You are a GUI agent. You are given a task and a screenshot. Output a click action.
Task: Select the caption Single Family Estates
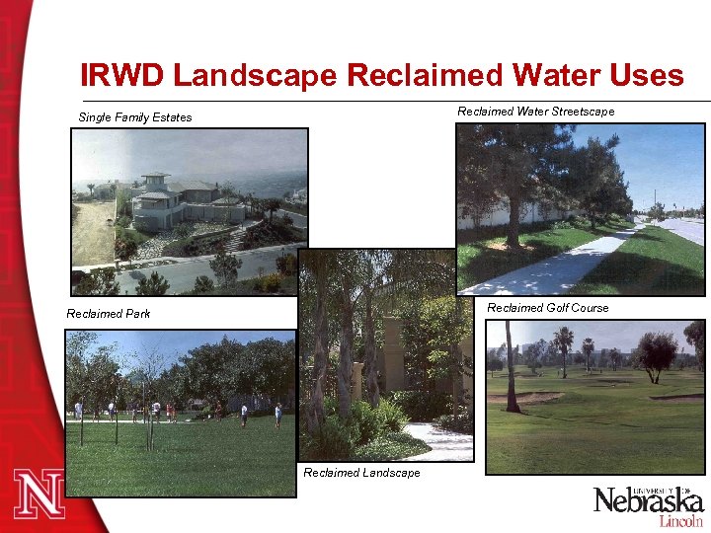coord(135,117)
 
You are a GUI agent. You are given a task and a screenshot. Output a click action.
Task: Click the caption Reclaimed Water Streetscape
coord(535,112)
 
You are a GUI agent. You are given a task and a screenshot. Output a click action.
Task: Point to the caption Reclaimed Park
coord(108,314)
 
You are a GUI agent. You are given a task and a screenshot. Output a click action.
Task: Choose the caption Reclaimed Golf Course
coord(548,308)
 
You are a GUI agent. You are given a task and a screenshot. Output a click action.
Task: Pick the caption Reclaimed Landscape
coord(361,473)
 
